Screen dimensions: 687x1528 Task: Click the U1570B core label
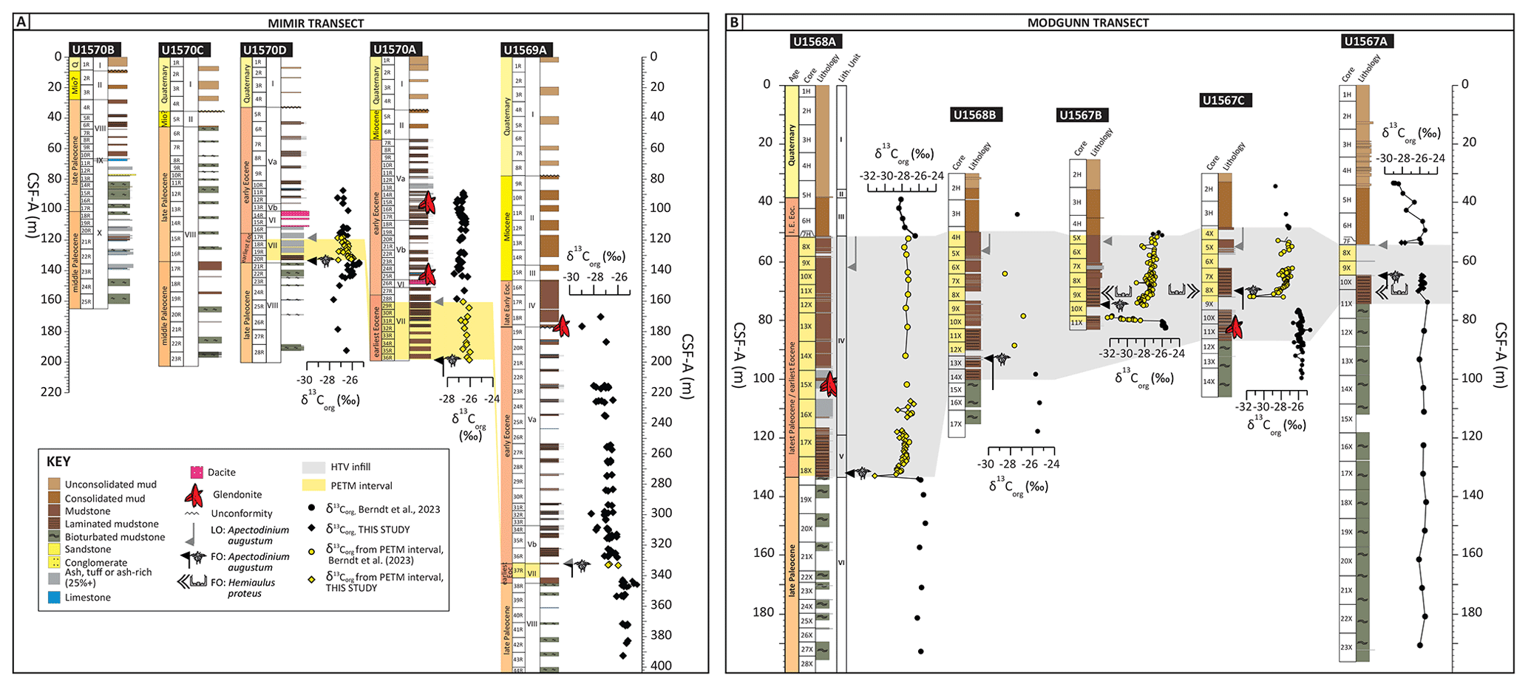pyautogui.click(x=92, y=49)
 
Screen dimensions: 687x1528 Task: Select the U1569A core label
pyautogui.click(x=526, y=49)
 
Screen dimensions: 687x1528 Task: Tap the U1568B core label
pyautogui.click(x=976, y=115)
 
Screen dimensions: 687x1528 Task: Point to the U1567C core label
pyautogui.click(x=1225, y=100)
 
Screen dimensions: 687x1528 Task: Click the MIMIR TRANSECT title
pyautogui.click(x=316, y=23)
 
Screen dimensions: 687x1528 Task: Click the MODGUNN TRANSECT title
pyautogui.click(x=1088, y=23)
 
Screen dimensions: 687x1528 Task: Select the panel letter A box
pyautogui.click(x=22, y=22)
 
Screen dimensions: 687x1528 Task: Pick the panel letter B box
pyautogui.click(x=734, y=22)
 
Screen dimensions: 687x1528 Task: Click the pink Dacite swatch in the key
pyautogui.click(x=197, y=472)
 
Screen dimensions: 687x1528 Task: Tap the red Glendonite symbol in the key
pyautogui.click(x=196, y=493)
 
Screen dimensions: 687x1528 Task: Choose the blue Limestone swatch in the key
pyautogui.click(x=54, y=598)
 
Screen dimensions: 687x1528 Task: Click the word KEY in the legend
pyautogui.click(x=59, y=462)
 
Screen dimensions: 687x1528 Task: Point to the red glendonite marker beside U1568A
pyautogui.click(x=829, y=383)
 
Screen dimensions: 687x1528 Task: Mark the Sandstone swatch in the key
pyautogui.click(x=54, y=549)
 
